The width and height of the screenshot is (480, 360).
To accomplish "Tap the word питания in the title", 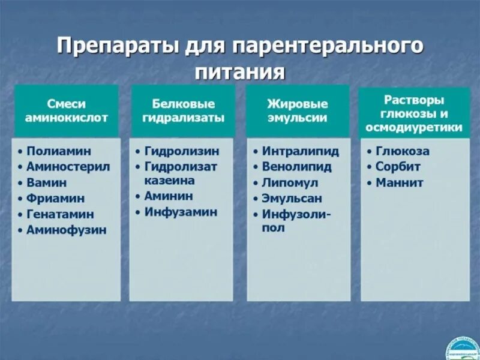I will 239,71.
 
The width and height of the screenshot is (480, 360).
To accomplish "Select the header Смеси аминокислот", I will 66,110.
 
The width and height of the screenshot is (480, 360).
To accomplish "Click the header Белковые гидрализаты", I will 183,110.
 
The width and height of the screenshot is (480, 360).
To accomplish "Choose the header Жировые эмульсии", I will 298,110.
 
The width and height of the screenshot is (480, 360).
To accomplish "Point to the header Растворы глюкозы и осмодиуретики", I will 414,113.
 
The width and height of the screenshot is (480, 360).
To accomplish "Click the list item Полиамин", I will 59,152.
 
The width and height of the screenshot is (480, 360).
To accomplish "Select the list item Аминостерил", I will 68,167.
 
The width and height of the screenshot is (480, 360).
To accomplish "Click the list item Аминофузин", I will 66,230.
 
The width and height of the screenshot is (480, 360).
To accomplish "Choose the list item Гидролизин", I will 181,152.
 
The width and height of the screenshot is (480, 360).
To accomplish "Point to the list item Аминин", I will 169,196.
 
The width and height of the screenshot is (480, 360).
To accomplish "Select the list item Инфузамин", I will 181,212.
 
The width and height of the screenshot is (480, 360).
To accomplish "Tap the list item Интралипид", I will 300,152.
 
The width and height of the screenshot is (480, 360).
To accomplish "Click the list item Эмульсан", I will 292,199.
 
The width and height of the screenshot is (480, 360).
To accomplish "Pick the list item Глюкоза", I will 402,152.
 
